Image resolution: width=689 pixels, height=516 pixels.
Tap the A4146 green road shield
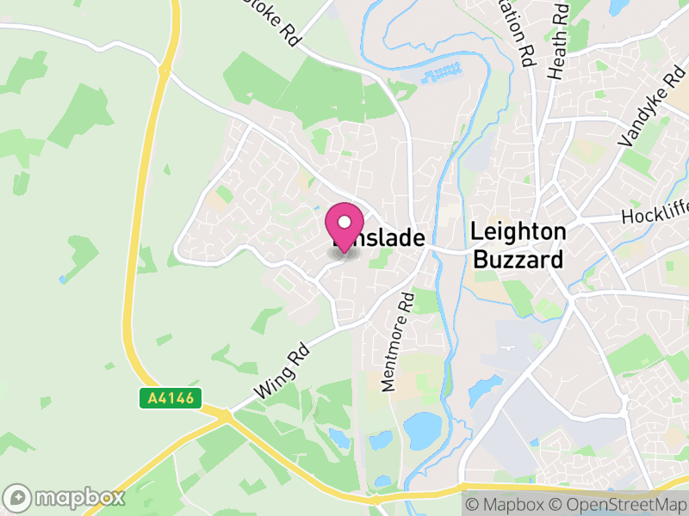click(171, 398)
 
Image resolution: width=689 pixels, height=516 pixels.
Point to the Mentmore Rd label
click(399, 341)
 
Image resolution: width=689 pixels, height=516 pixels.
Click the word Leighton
click(519, 232)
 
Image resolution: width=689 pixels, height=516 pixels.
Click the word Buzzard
click(519, 259)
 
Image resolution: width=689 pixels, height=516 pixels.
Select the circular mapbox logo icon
click(17, 497)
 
